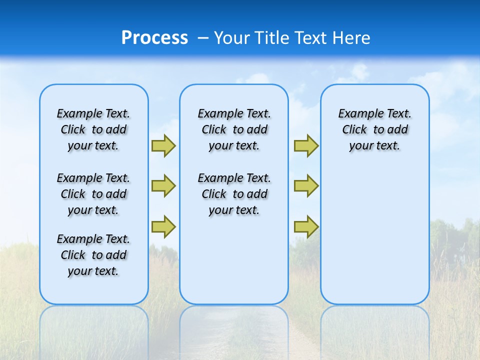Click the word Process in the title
(x=154, y=38)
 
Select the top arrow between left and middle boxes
(x=163, y=145)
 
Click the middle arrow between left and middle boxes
(x=163, y=186)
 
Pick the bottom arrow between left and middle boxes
(x=163, y=226)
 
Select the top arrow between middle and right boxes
(x=306, y=145)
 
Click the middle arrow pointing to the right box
(x=306, y=186)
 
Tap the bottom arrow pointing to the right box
(x=306, y=226)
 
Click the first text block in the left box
(x=93, y=129)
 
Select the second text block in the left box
(x=93, y=194)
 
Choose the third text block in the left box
(x=93, y=255)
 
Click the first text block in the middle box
(x=234, y=129)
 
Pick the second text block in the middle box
(x=234, y=194)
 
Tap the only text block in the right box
(x=374, y=129)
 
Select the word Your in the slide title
(x=231, y=38)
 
